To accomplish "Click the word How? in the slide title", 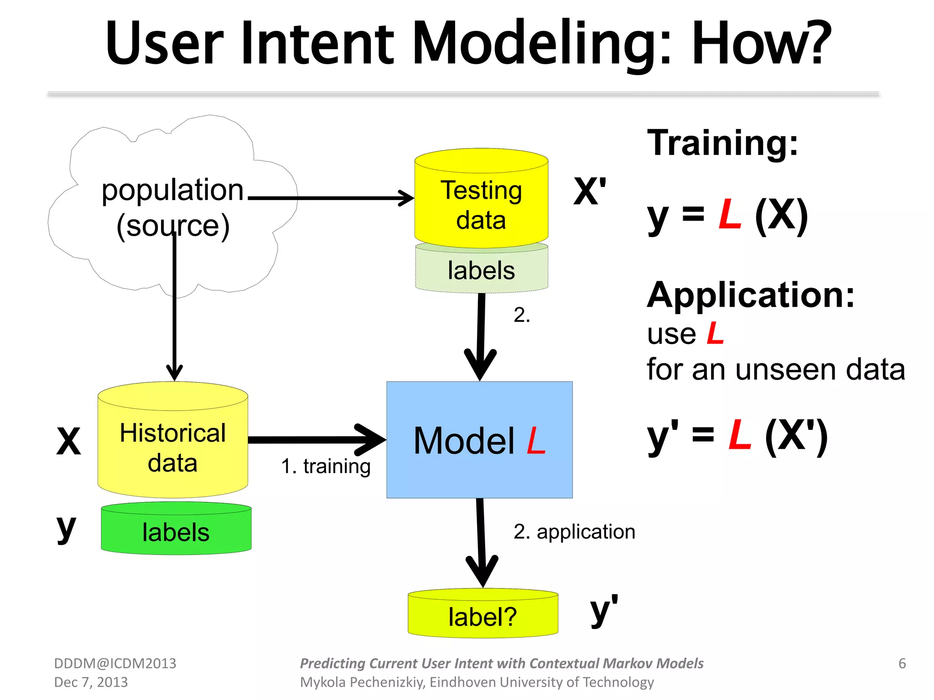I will tap(761, 43).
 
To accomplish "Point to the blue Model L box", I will tap(479, 440).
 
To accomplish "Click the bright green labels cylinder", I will tap(176, 531).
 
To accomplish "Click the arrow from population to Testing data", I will tap(328, 198).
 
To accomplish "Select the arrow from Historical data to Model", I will tap(315, 440).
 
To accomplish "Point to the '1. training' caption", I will tap(326, 466).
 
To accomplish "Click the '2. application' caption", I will tap(574, 531).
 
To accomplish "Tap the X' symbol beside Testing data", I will tap(590, 191).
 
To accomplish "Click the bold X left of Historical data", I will tap(68, 441).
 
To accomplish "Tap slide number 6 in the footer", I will tap(902, 664).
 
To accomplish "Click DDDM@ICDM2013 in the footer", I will tap(115, 664).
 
